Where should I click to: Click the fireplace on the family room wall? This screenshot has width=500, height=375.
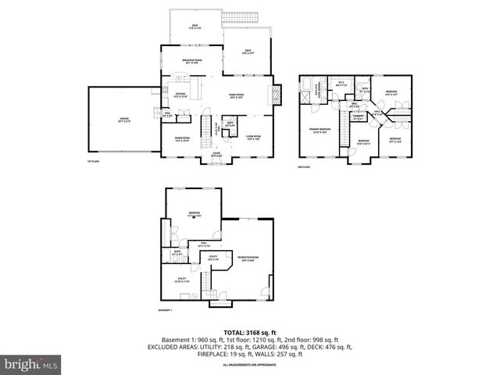pos(274,95)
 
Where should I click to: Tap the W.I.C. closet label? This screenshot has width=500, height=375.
pos(342,83)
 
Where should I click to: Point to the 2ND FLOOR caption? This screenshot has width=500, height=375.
pos(305,167)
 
